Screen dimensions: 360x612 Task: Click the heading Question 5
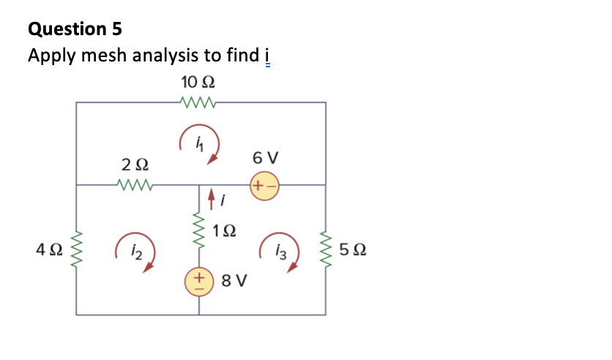[75, 29]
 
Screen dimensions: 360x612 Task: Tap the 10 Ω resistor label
[197, 81]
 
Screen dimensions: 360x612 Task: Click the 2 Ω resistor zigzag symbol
[134, 185]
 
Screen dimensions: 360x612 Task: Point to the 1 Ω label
[225, 233]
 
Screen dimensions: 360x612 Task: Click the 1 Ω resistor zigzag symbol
[199, 233]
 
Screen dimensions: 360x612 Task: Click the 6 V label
[264, 158]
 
